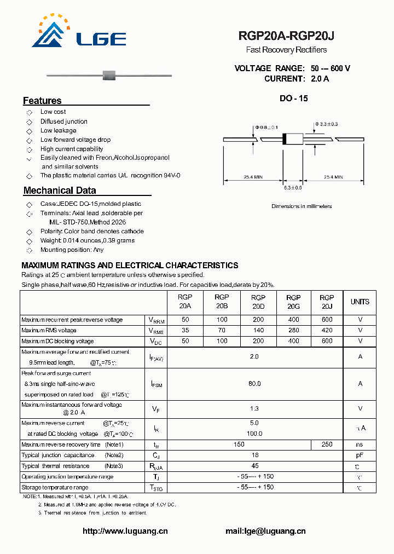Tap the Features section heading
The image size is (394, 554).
coord(42,101)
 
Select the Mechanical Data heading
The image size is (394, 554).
coord(60,191)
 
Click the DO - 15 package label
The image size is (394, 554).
coord(293,99)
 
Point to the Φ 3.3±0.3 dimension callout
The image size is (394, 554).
coord(326,124)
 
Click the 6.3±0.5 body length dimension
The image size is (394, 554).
coord(293,188)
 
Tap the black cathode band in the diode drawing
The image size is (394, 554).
coord(284,139)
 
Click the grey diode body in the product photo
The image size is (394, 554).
coord(111,73)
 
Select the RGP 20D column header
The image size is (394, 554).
coord(258,302)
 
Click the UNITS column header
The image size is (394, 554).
coord(360,302)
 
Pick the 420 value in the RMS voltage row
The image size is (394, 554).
coord(327,331)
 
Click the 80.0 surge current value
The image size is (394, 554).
coord(254,384)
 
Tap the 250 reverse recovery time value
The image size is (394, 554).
coord(327,445)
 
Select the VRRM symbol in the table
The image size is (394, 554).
coord(156,320)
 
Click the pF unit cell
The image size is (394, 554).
coord(360,455)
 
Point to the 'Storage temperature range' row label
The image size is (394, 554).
coord(55,487)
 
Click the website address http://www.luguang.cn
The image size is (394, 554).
coord(125,531)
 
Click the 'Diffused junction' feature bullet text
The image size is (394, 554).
coord(64,122)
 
